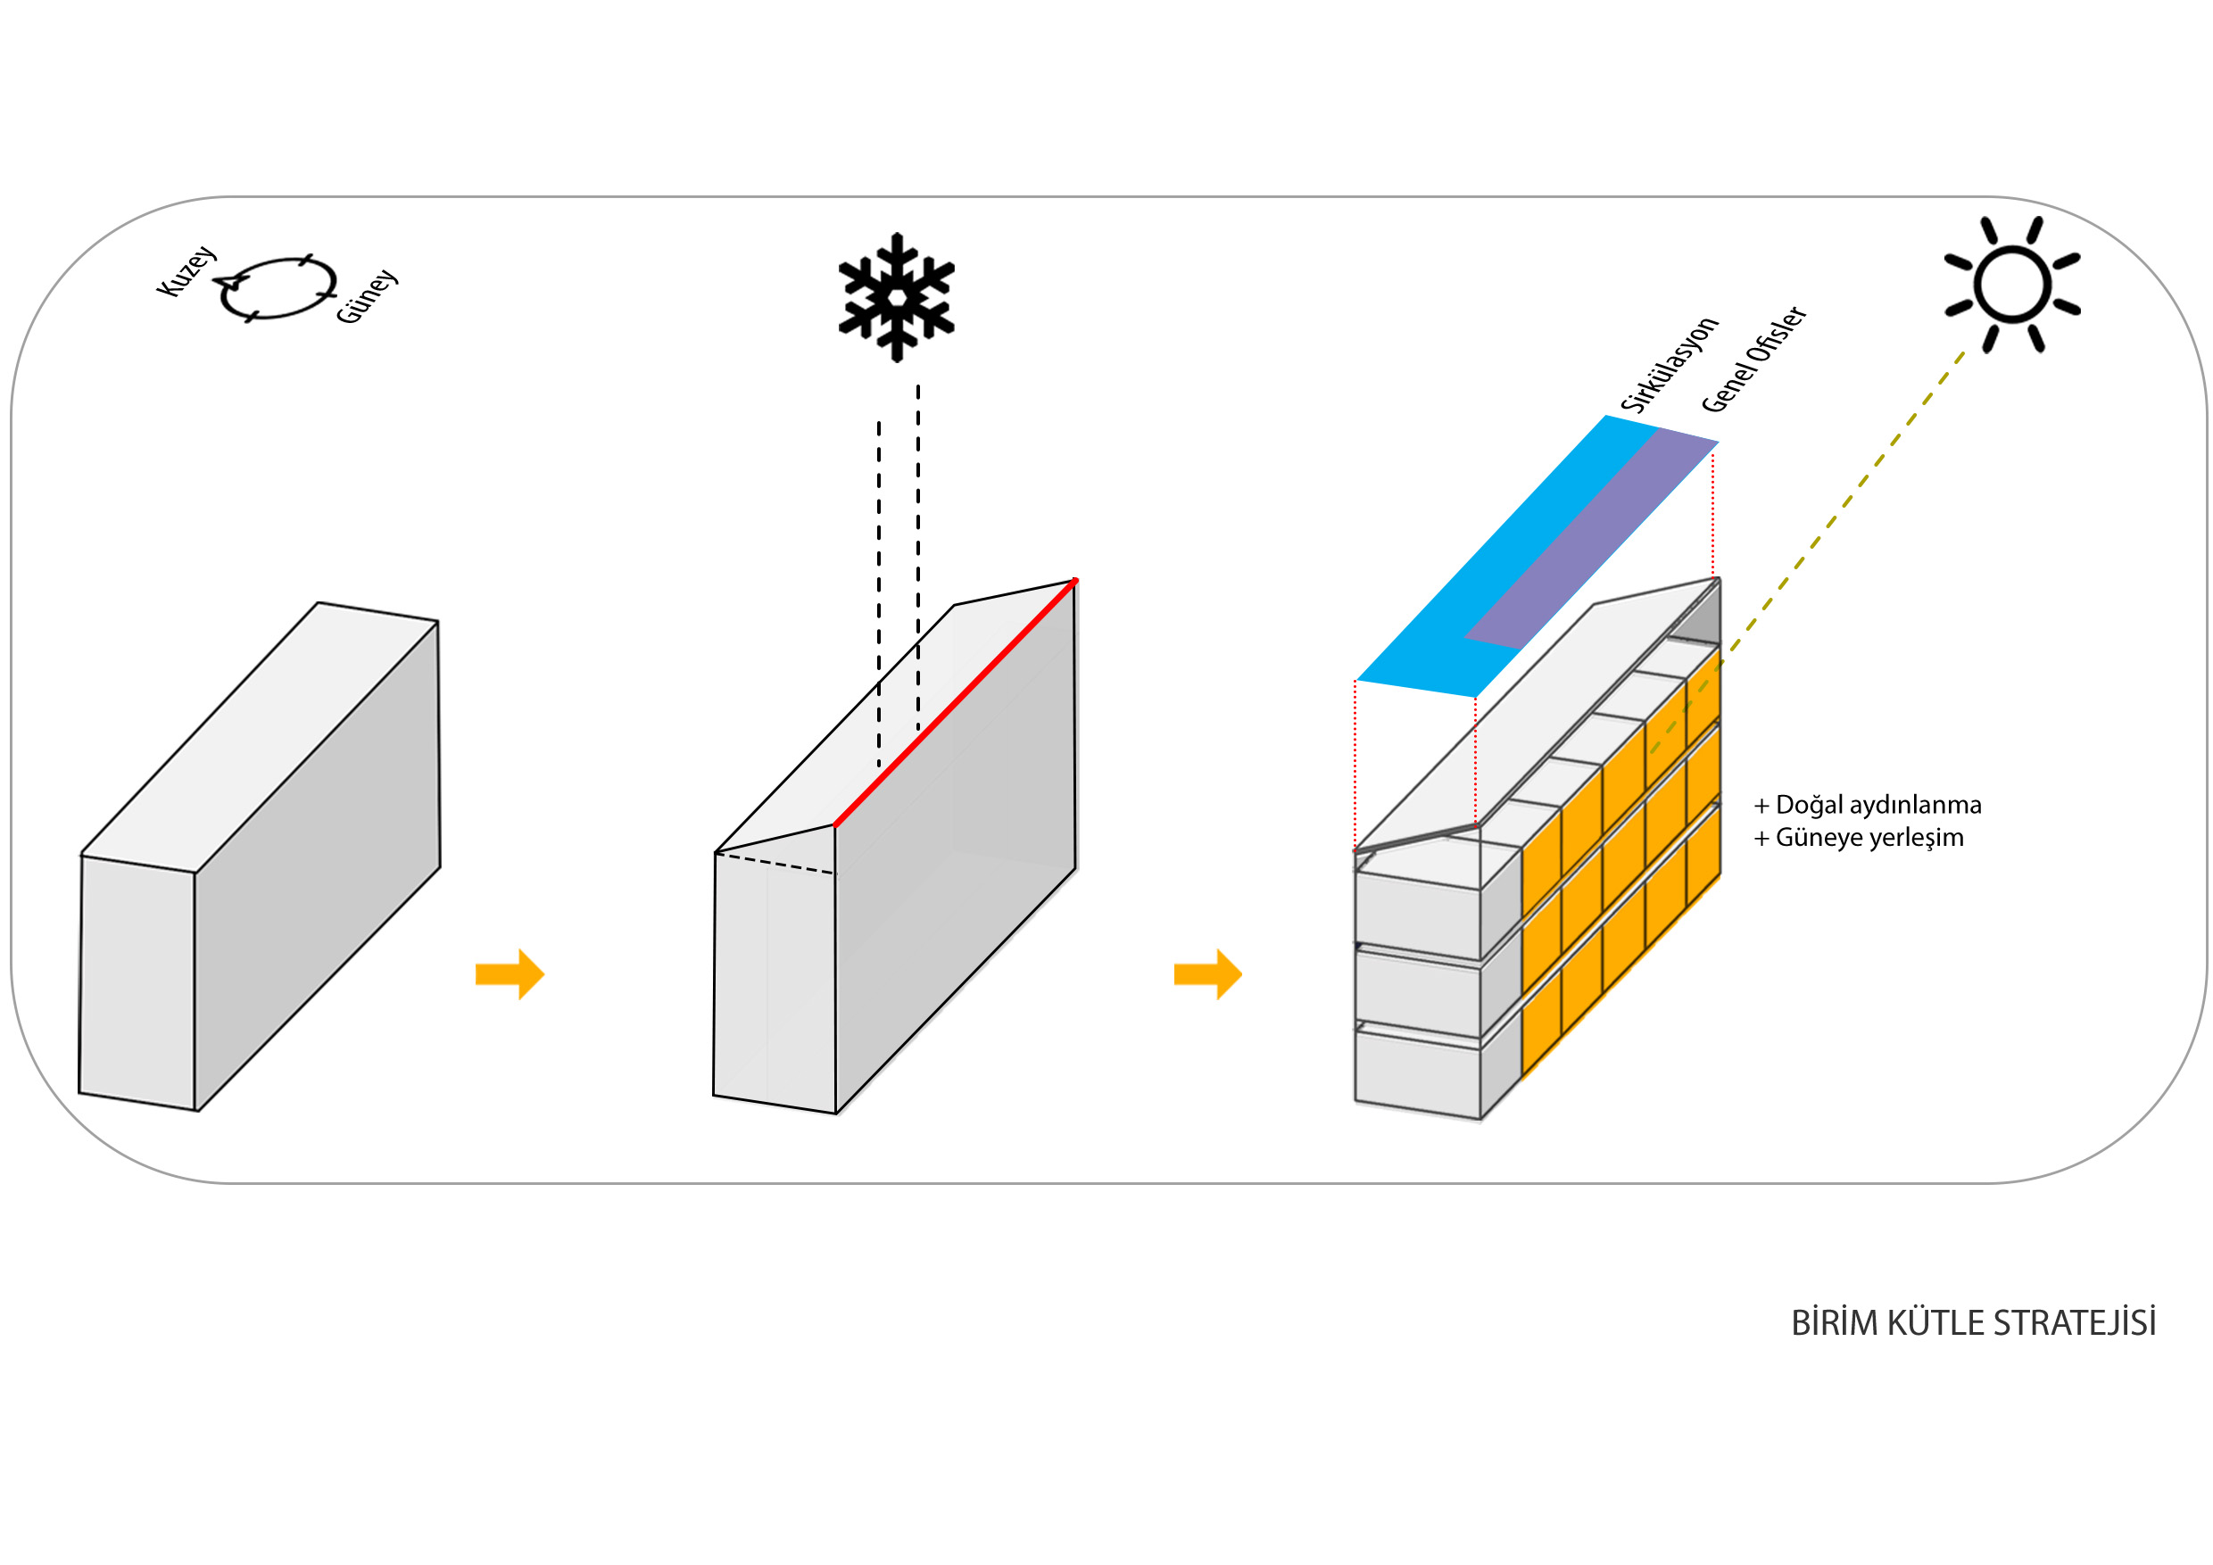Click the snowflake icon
click(x=897, y=297)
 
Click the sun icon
click(x=2011, y=285)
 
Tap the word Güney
click(x=368, y=296)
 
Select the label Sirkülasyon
click(x=1669, y=364)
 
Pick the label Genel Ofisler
click(x=1753, y=360)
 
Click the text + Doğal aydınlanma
click(x=1867, y=805)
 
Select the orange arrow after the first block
click(x=510, y=974)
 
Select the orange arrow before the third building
click(x=1207, y=974)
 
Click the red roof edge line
click(x=954, y=703)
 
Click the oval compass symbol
click(x=278, y=287)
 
